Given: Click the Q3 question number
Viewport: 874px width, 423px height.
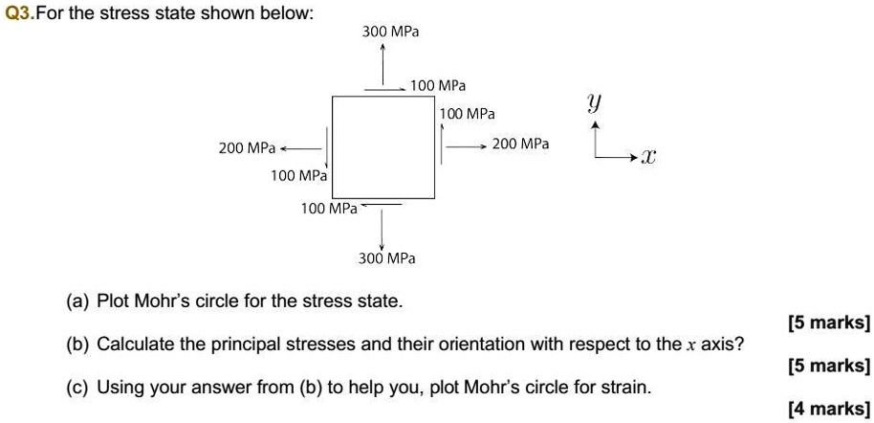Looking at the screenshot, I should [x=18, y=13].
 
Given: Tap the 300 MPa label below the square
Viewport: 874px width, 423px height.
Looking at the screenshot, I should [x=386, y=258].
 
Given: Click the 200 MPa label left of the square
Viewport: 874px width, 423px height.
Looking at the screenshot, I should [x=247, y=147].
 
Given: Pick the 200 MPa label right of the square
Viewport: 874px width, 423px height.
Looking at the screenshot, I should [x=520, y=144].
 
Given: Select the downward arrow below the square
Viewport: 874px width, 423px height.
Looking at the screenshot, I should [x=382, y=228].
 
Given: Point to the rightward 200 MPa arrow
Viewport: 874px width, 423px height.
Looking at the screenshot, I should [x=467, y=146].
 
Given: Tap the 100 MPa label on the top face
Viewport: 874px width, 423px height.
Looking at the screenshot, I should [x=438, y=86].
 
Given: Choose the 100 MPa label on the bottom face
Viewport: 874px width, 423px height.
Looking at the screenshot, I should [x=328, y=208].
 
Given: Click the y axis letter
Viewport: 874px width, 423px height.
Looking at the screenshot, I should [x=594, y=102].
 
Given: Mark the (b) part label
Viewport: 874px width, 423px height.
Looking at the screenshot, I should [x=77, y=344].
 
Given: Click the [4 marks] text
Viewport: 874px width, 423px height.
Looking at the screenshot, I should [x=828, y=409].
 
